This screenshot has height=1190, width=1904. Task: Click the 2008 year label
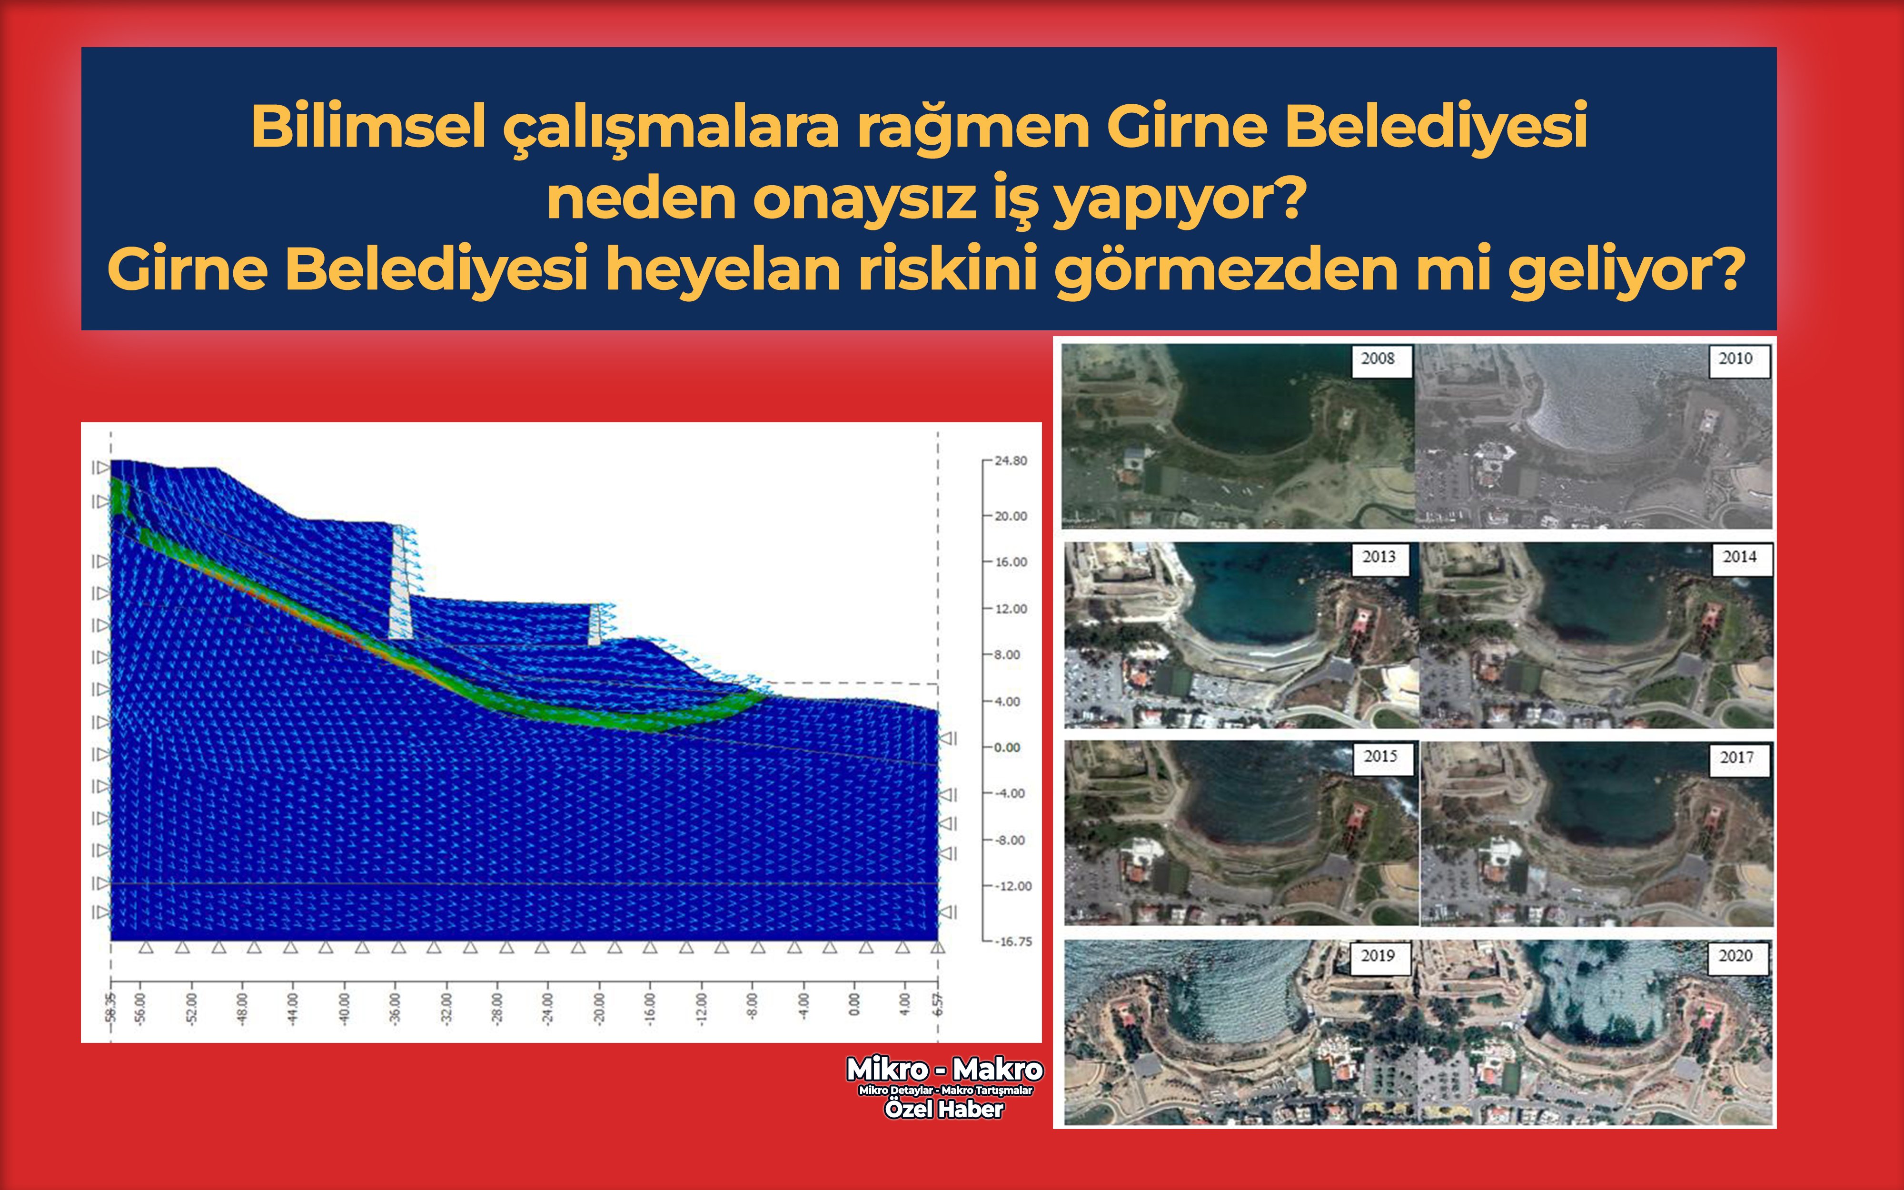pos(1378,359)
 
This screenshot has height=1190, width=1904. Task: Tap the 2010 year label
pos(1735,359)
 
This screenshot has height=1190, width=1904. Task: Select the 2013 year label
pos(1378,557)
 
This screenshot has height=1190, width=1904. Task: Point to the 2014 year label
pos(1739,557)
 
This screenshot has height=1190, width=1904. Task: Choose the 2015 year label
pos(1380,756)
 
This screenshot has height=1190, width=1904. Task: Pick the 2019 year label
pos(1378,955)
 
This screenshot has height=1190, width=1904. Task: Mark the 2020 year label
pos(1735,955)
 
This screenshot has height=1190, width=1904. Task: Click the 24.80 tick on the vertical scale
pos(1010,460)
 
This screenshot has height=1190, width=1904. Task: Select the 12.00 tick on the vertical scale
pos(1010,608)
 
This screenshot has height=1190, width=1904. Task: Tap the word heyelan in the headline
pos(722,269)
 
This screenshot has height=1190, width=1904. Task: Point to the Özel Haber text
pos(944,1109)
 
